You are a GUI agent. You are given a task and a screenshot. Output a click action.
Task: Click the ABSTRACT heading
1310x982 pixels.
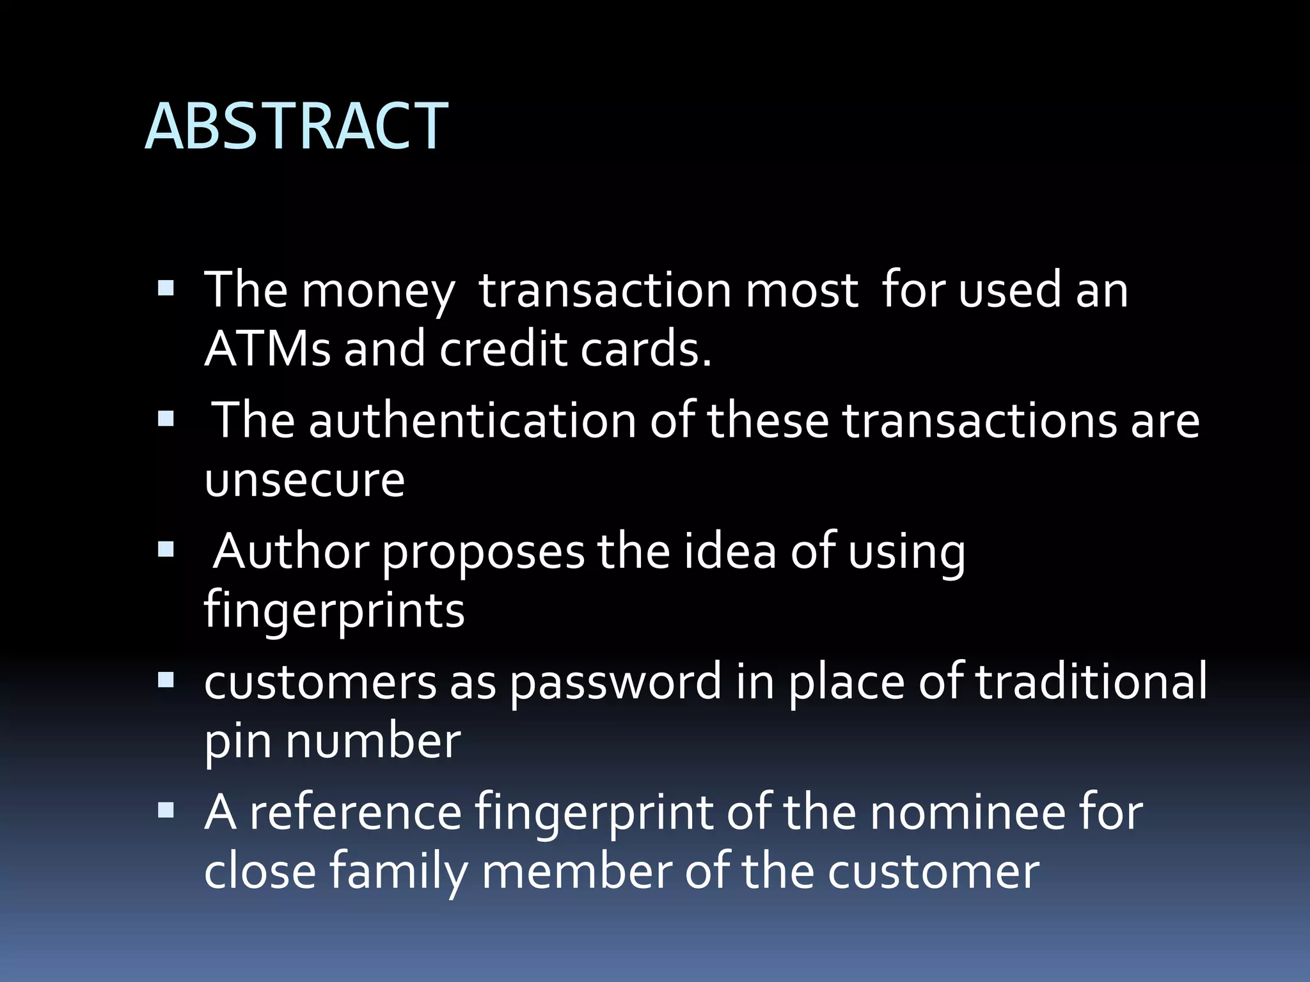point(297,126)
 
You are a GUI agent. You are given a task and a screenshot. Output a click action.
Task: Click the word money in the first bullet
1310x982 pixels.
point(377,292)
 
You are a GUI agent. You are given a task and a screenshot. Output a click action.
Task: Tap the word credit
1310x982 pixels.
point(503,349)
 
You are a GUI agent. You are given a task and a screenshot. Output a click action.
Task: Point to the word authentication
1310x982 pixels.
point(473,421)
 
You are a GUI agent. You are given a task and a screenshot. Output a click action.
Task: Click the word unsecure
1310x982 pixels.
point(304,479)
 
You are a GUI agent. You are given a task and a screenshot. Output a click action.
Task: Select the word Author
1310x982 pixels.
point(291,551)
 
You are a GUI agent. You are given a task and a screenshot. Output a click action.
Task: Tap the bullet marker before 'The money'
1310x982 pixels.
point(166,288)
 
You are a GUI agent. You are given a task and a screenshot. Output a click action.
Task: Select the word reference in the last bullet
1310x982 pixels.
point(356,813)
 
